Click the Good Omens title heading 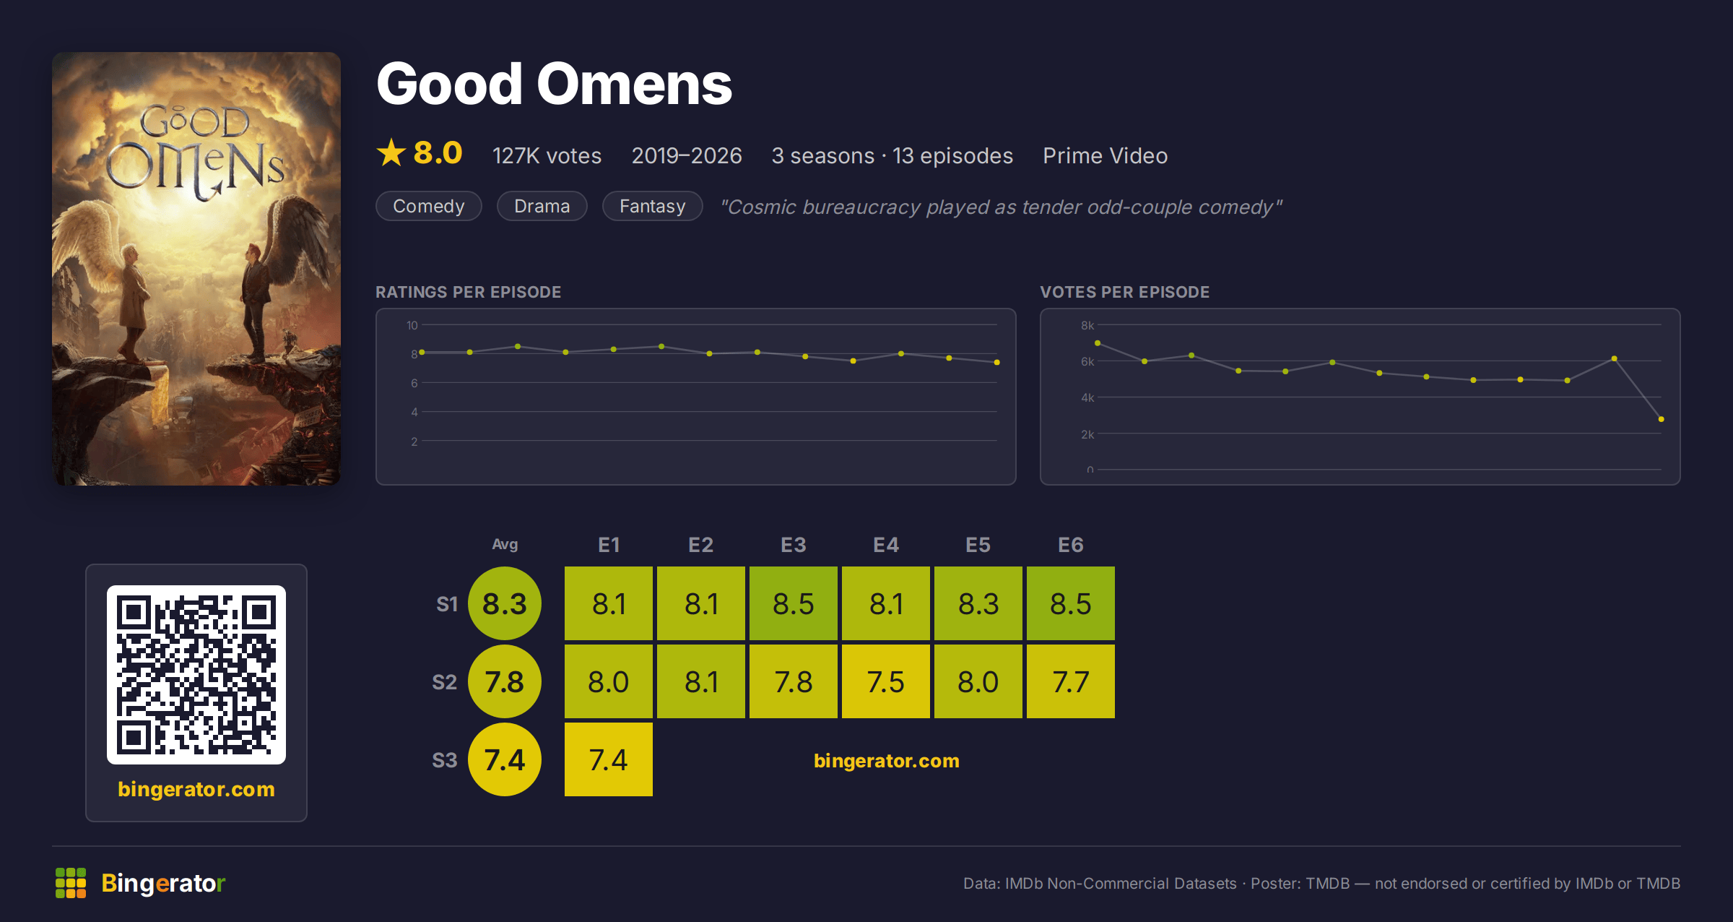pyautogui.click(x=554, y=85)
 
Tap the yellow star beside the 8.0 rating pyautogui.click(x=391, y=152)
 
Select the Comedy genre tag pyautogui.click(x=429, y=206)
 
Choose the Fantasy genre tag pyautogui.click(x=652, y=206)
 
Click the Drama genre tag pyautogui.click(x=542, y=206)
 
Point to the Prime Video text pyautogui.click(x=1105, y=155)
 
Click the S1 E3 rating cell pyautogui.click(x=794, y=603)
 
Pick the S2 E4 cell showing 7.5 pyautogui.click(x=886, y=681)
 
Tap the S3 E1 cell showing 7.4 pyautogui.click(x=609, y=759)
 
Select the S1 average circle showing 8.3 pyautogui.click(x=505, y=603)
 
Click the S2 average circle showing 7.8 pyautogui.click(x=505, y=681)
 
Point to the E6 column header pyautogui.click(x=1070, y=545)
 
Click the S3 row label pyautogui.click(x=445, y=760)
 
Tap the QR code pyautogui.click(x=196, y=675)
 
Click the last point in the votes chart pyautogui.click(x=1662, y=419)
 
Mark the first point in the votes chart pyautogui.click(x=1098, y=343)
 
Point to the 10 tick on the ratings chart pyautogui.click(x=412, y=325)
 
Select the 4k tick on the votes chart pyautogui.click(x=1087, y=397)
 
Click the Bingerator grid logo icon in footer pyautogui.click(x=71, y=883)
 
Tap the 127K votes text pyautogui.click(x=547, y=155)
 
